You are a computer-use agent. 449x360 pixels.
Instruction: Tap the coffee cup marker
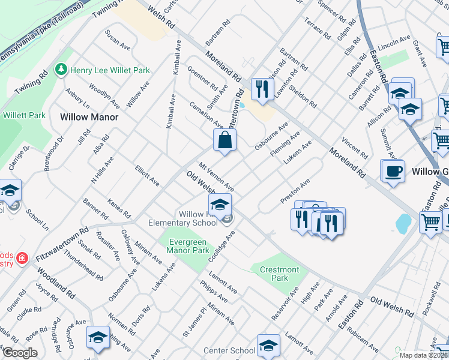coord(393,171)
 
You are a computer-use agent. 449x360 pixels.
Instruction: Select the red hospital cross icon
coord(22,259)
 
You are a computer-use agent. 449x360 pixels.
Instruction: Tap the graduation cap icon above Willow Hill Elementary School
coord(220,204)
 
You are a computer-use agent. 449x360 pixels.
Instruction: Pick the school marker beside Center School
coord(268,345)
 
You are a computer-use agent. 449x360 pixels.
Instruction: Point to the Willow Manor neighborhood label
coord(88,117)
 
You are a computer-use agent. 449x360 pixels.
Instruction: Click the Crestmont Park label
coord(279,274)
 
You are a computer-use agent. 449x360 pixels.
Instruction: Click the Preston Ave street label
coord(296,191)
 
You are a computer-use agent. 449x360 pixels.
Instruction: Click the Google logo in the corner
coord(20,353)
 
